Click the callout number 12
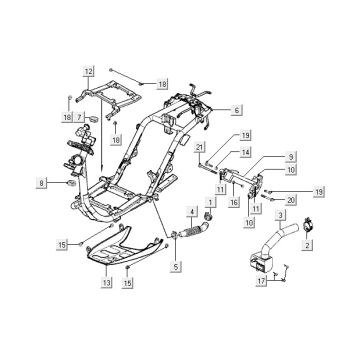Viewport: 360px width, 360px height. tap(88, 72)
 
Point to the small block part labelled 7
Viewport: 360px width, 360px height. tap(94, 118)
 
